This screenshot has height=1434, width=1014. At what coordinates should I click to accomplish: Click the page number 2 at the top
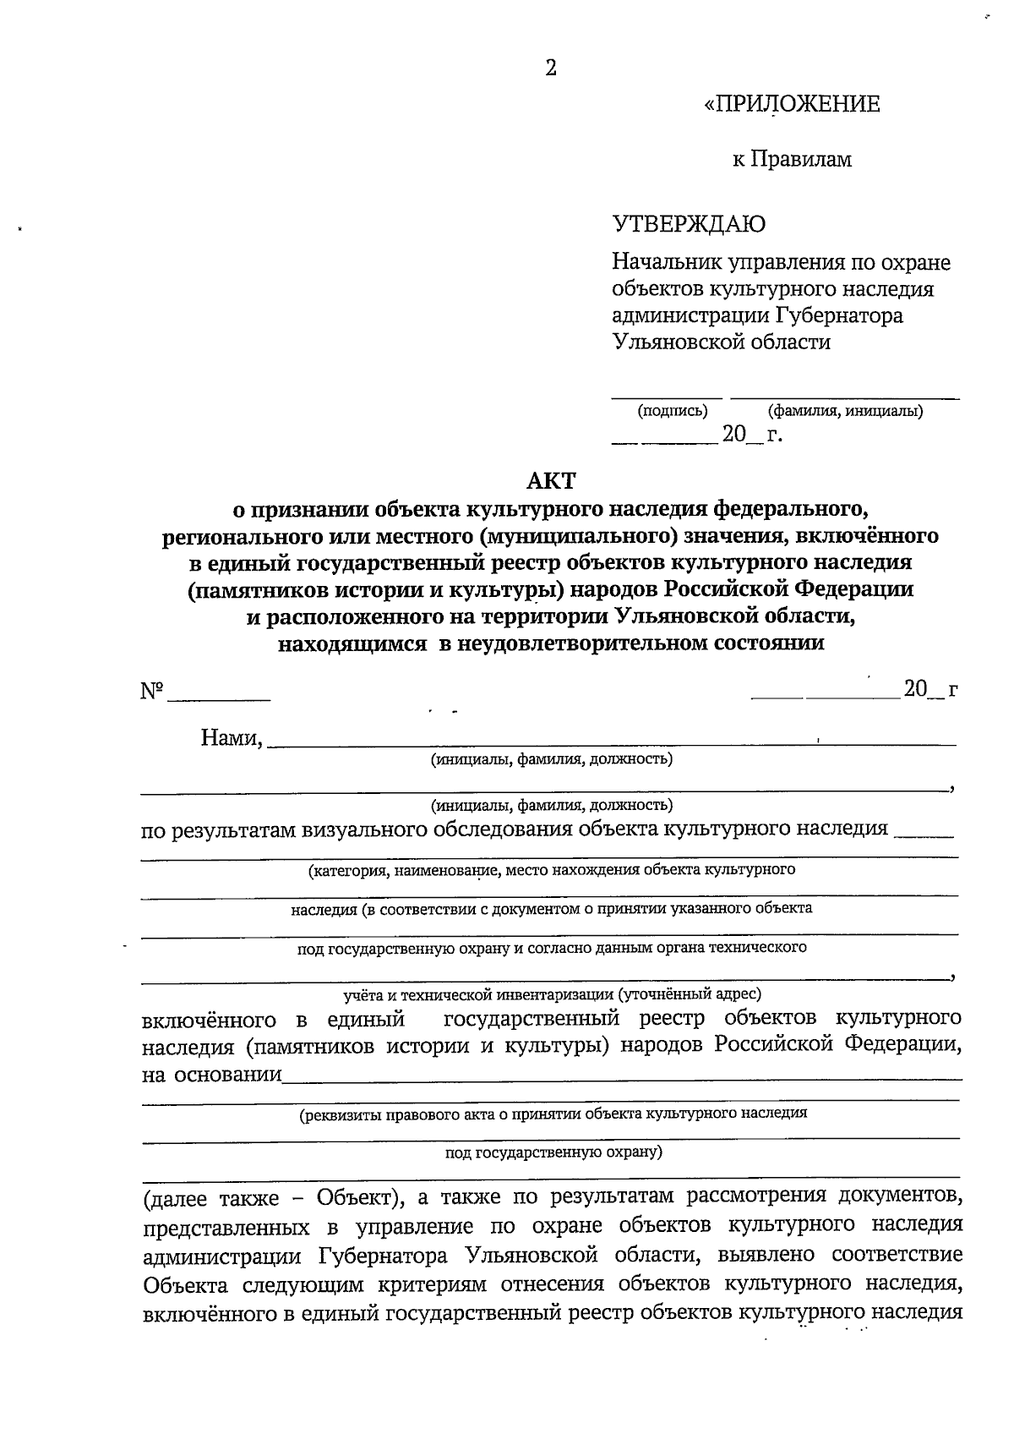(550, 68)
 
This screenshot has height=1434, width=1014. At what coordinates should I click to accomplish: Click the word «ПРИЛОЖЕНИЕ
(792, 104)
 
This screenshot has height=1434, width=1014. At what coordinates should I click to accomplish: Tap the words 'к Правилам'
(792, 159)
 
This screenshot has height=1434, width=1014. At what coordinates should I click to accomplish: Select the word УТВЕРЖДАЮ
(689, 224)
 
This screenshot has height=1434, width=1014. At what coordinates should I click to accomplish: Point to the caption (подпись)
(672, 412)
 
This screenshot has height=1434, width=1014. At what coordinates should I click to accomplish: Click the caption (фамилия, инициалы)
(844, 412)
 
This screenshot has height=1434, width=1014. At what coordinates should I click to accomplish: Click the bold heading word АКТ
(550, 481)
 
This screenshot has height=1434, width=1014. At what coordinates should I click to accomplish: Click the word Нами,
(232, 738)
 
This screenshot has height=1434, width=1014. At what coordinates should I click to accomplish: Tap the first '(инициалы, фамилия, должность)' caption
(551, 759)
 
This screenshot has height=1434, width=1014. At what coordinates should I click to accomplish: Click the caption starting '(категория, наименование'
(551, 869)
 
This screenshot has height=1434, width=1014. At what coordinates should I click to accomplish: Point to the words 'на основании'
(211, 1075)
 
